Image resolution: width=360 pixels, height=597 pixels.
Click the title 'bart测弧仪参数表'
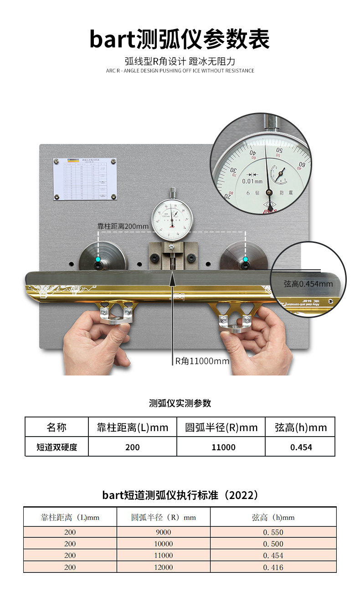coord(180,39)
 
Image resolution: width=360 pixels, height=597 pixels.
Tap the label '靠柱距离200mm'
coord(123,226)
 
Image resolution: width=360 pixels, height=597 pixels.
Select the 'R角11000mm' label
coord(202,361)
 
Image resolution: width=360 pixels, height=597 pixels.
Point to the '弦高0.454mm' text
coord(308,284)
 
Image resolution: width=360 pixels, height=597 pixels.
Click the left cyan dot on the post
coord(98,259)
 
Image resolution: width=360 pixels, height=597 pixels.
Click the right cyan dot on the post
coord(246,259)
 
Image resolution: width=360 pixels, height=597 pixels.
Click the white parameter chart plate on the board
coord(85,179)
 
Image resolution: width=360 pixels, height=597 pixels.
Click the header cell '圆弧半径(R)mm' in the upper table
coord(221,427)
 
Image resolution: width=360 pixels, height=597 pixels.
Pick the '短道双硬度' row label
coord(57,447)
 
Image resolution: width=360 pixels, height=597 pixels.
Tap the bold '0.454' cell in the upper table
coord(301,447)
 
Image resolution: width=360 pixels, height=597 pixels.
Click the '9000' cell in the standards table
coord(163,532)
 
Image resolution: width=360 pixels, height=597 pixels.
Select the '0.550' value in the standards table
coord(273,532)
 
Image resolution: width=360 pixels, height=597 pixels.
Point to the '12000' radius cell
coord(163,567)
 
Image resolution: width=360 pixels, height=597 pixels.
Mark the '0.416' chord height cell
coord(273,567)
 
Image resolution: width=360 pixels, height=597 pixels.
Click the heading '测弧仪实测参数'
coord(180,403)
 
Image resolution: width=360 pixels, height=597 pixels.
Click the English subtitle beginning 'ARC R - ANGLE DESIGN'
coord(180,71)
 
